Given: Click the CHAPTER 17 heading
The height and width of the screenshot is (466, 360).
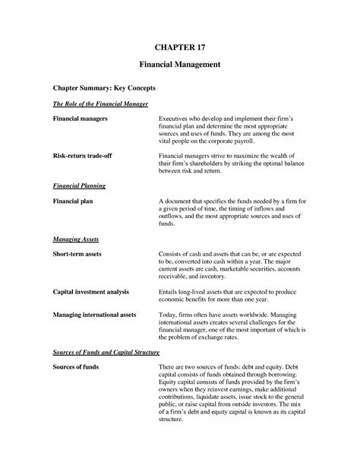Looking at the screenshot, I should pos(179,47).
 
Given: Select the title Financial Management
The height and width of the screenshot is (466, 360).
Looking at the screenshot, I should pos(179,65).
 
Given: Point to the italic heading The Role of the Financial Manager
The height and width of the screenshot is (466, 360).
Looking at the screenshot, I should pos(99,103).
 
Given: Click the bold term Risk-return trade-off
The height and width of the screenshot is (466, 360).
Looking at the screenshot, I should pos(86,155).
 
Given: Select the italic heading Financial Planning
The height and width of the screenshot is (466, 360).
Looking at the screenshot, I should pos(79,185).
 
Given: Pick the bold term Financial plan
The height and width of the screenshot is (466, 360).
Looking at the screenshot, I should pos(73,201).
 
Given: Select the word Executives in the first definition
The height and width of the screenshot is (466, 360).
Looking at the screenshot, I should pos(175,119).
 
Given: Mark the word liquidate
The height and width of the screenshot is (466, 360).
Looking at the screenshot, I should pos(213,396).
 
